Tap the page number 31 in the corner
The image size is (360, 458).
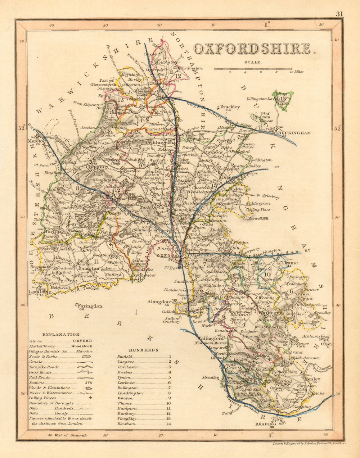coord(339,14)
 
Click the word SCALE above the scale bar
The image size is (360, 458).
coord(254,62)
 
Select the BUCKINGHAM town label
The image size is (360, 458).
coord(294,133)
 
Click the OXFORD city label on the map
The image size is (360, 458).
coord(168,256)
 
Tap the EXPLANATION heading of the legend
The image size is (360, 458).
coord(60,334)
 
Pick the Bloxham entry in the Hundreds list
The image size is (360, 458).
coord(127,424)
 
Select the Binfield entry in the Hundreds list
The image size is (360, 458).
coord(125,356)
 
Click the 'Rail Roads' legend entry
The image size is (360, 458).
coord(40,377)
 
